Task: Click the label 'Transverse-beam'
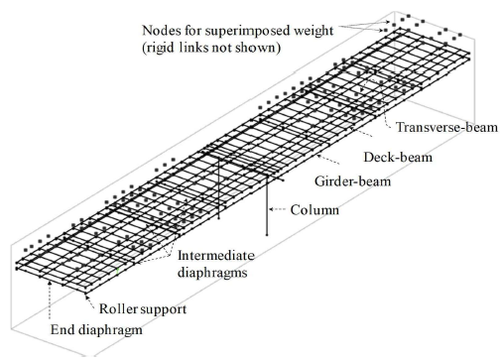point(440,128)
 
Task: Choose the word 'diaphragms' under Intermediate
point(222,269)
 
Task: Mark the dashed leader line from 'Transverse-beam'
point(384,116)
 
